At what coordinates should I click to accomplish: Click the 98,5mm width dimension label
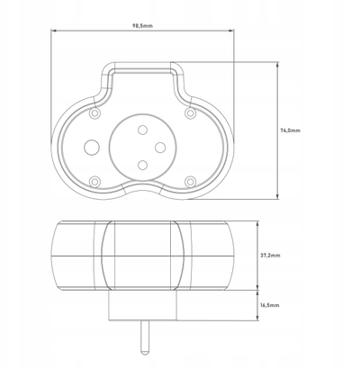[142, 26]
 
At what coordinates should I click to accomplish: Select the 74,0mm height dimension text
[290, 130]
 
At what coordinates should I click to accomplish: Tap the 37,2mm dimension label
[270, 256]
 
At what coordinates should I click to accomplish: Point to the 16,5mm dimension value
[270, 305]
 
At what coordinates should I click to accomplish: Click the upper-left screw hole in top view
[95, 113]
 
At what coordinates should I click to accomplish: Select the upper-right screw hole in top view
[190, 113]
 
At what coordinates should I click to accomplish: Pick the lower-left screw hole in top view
[95, 182]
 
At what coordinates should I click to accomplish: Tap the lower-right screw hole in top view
[190, 182]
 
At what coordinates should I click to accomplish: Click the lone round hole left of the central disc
[92, 148]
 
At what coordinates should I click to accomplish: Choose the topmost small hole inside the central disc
[142, 130]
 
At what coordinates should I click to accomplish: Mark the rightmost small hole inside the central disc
[160, 148]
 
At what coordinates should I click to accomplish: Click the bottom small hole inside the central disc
[142, 165]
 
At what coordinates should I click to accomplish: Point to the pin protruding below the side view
[144, 337]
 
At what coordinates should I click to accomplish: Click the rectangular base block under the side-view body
[142, 305]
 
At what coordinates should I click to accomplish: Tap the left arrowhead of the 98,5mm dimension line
[53, 31]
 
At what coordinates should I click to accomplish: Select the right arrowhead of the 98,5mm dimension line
[231, 31]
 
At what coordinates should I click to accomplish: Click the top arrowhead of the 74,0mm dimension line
[278, 65]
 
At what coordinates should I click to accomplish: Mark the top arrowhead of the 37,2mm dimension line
[257, 224]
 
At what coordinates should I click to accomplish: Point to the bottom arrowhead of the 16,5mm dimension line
[257, 318]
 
